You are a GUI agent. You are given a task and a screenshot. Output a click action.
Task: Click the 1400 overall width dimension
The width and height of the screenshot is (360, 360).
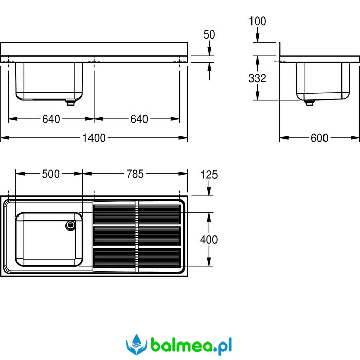(94, 138)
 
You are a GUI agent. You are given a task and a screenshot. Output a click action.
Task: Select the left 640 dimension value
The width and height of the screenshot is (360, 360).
(51, 119)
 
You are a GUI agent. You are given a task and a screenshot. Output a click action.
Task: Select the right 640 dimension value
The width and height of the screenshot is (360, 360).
(139, 119)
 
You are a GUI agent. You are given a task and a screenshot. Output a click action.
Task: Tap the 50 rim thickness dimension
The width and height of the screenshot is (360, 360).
(209, 34)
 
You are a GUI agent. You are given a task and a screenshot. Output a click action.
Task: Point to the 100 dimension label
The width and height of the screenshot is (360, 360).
(257, 22)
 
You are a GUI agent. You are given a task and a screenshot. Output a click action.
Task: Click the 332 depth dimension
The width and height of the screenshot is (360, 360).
(257, 78)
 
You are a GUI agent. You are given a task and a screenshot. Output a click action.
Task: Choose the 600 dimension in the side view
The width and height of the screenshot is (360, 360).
(319, 138)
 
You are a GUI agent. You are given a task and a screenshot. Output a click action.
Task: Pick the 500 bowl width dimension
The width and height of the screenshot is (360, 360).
(51, 174)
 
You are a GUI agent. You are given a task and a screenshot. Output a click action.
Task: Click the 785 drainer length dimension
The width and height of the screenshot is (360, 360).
(135, 174)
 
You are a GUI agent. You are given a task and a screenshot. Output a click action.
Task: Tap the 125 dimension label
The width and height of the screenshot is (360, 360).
(209, 175)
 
